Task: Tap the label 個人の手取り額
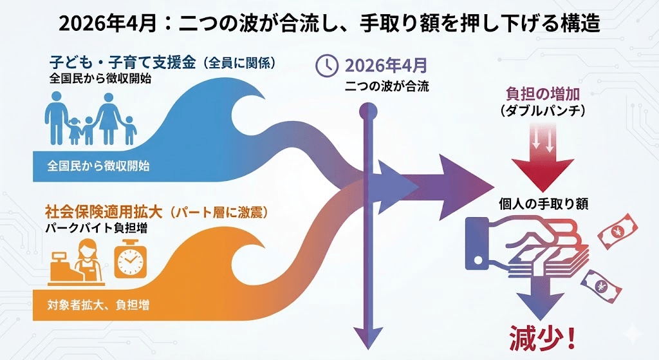tap(544, 204)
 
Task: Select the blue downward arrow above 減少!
tap(534, 297)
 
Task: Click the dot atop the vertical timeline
tap(368, 111)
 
